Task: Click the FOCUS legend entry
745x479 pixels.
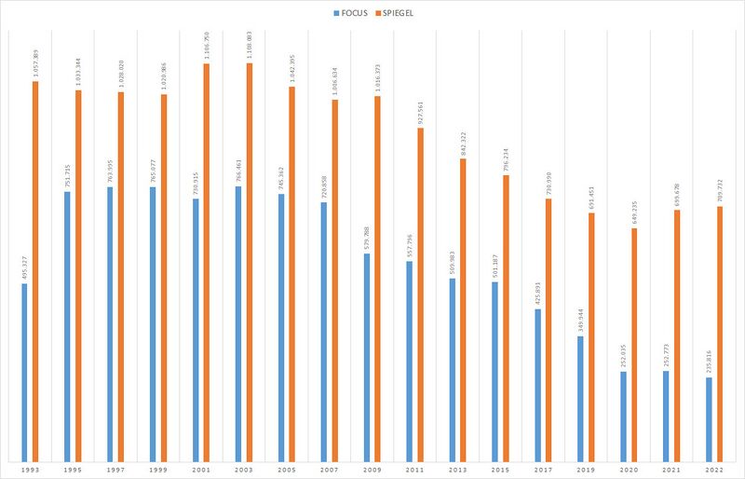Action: click(x=351, y=15)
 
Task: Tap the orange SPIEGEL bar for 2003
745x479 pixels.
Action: click(x=249, y=261)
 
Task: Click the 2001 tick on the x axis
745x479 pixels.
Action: click(x=200, y=469)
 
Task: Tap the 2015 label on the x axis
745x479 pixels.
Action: click(x=499, y=469)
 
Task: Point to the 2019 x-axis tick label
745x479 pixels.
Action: click(x=585, y=469)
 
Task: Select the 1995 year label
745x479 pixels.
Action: click(x=73, y=469)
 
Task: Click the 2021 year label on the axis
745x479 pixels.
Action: click(x=670, y=469)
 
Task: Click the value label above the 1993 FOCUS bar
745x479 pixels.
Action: click(x=24, y=266)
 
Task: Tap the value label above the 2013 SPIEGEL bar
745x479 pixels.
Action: click(x=464, y=144)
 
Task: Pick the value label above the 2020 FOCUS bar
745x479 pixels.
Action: click(x=623, y=355)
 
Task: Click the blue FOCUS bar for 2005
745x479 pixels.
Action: click(x=281, y=326)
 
